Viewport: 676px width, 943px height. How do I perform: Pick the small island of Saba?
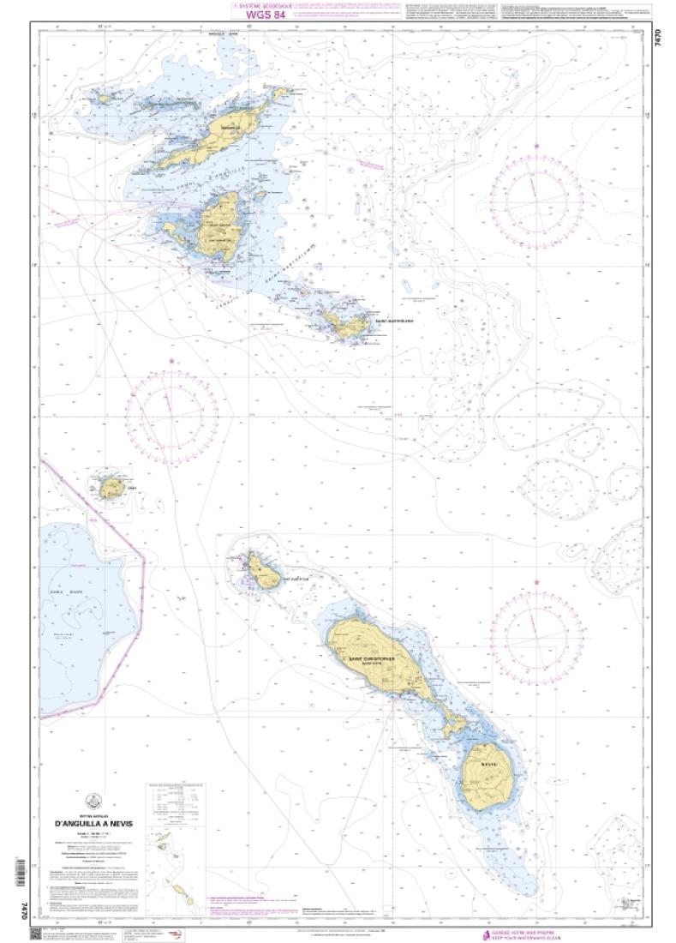tap(111, 488)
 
